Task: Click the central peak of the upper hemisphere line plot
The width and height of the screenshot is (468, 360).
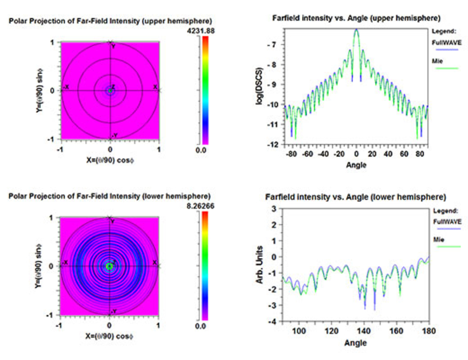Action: (356, 31)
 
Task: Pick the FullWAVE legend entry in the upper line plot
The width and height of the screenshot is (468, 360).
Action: (443, 40)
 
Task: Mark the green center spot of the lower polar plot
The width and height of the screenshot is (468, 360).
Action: (109, 266)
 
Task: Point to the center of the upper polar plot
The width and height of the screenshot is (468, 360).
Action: (110, 90)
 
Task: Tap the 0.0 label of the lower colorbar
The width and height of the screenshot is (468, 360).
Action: (202, 326)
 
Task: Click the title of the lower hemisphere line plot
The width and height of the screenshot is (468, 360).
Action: (359, 197)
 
